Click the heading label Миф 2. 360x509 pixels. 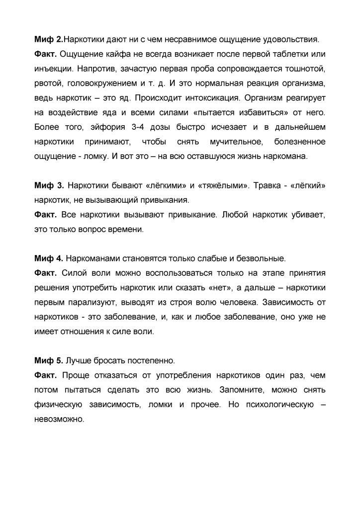click(x=49, y=39)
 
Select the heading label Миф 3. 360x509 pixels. click(x=49, y=185)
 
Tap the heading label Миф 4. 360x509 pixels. click(x=49, y=258)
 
